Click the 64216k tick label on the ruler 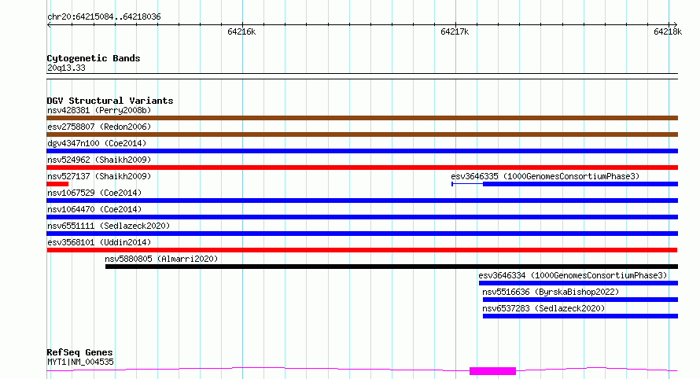[x=241, y=31]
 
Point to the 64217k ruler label [x=455, y=31]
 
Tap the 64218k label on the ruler [x=668, y=31]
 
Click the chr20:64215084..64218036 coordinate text [x=104, y=17]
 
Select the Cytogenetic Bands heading [x=94, y=58]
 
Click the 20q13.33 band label [x=66, y=68]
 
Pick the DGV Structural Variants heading [x=110, y=101]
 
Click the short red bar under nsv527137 [x=57, y=184]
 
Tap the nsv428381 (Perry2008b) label [x=99, y=110]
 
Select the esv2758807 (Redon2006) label [x=99, y=127]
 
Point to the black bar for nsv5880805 [x=392, y=267]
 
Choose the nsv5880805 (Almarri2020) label [x=161, y=259]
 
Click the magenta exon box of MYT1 [x=493, y=371]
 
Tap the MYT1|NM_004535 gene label [x=80, y=362]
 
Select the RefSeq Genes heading [x=79, y=352]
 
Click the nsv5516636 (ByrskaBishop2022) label [x=551, y=292]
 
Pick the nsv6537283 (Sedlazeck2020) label [x=543, y=308]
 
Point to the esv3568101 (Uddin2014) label [x=99, y=242]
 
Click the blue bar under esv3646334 [x=578, y=283]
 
